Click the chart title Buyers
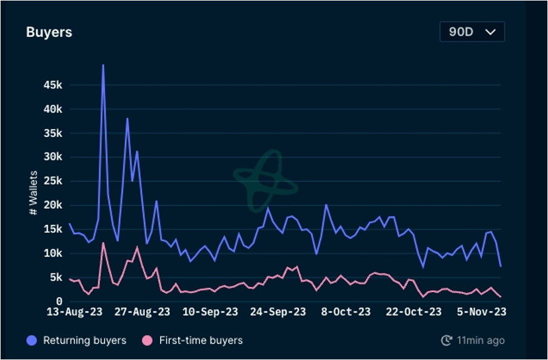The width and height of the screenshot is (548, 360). click(49, 32)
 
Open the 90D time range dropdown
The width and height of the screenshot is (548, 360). click(472, 32)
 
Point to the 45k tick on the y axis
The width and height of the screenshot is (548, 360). click(53, 85)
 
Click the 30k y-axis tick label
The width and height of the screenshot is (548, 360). click(53, 157)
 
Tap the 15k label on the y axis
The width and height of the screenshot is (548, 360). click(53, 229)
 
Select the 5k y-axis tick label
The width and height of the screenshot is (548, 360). click(55, 277)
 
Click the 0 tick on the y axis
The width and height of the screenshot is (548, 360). click(59, 301)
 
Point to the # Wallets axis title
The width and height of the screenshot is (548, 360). click(33, 193)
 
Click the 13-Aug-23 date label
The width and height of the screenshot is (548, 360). click(75, 312)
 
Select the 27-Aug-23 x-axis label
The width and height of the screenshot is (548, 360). click(143, 312)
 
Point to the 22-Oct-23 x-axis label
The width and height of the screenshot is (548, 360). click(414, 312)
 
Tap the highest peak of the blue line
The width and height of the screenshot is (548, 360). click(103, 65)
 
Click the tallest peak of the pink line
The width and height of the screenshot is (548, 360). click(103, 243)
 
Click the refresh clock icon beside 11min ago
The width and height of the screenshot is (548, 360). click(447, 341)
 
